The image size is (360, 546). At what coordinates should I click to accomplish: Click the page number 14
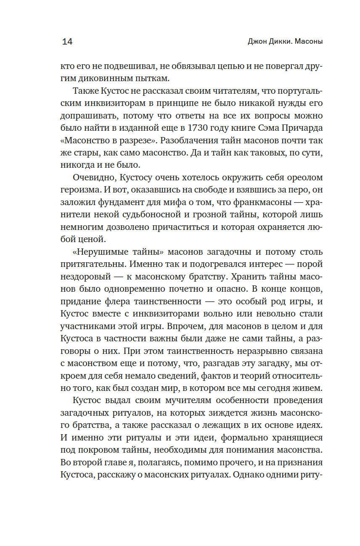[67, 42]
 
